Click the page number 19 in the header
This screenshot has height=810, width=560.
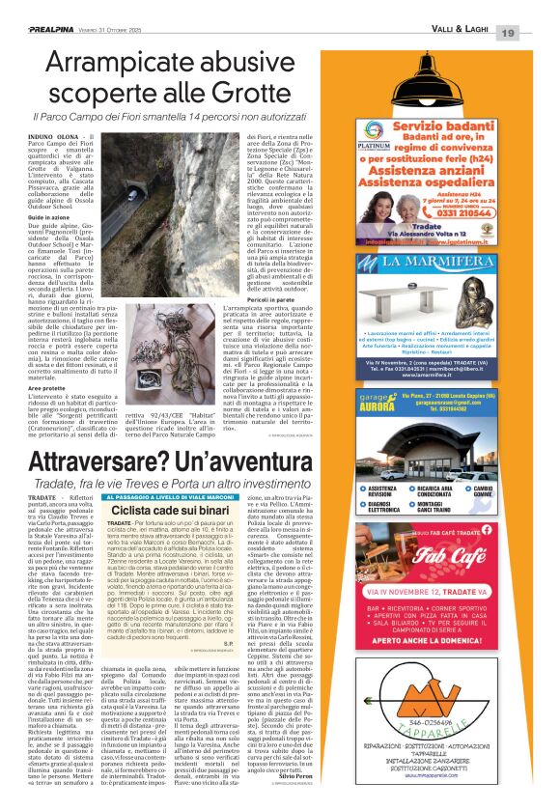534,8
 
